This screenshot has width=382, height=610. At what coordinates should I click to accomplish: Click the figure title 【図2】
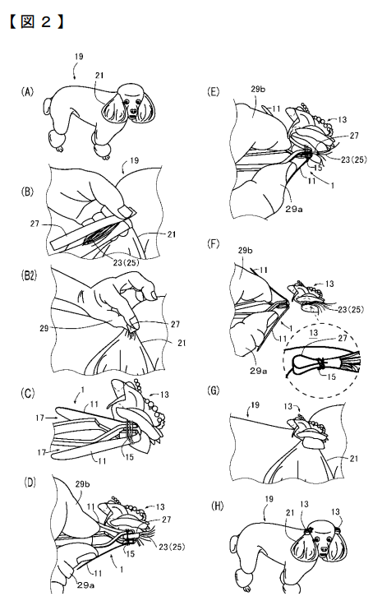coord(36,19)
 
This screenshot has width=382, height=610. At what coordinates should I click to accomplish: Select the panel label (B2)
coord(30,290)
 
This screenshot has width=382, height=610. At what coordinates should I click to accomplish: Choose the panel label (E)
coord(216,94)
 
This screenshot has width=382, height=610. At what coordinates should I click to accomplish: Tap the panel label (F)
coord(216,243)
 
